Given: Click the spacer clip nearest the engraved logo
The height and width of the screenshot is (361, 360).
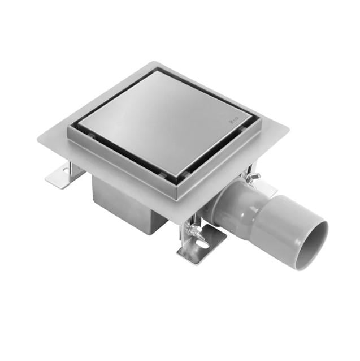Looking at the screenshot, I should pyautogui.click(x=242, y=130).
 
